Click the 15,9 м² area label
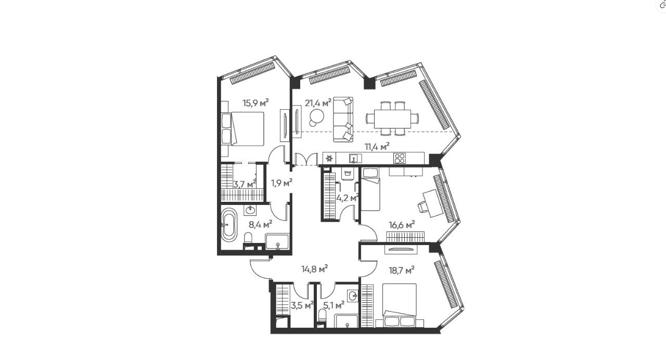[255, 103]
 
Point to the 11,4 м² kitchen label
[377, 147]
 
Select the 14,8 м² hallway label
[314, 269]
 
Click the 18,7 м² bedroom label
[402, 270]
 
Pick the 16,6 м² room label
[402, 225]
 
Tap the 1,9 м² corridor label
[281, 182]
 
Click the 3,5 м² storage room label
[302, 305]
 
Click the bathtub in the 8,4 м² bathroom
[228, 225]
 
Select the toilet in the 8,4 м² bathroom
[248, 239]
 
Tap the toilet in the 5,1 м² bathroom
[321, 316]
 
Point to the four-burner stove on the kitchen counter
[400, 158]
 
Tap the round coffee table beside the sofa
[316, 117]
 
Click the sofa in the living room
[342, 118]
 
